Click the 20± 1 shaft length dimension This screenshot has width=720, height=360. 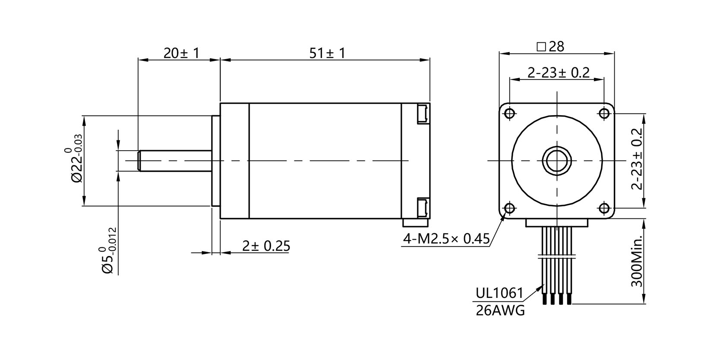click(181, 53)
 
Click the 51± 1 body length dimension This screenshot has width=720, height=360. click(328, 53)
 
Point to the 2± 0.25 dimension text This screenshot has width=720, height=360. click(266, 246)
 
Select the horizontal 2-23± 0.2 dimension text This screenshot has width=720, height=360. click(558, 73)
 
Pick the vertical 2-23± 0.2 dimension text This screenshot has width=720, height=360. click(637, 159)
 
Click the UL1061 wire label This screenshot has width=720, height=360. click(499, 294)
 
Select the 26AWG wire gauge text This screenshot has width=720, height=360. click(500, 310)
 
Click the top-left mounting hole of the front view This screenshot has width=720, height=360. click(509, 113)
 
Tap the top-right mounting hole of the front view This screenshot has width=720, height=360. click(604, 113)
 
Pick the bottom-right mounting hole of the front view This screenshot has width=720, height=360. click(604, 209)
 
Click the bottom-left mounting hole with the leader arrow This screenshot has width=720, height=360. click(509, 209)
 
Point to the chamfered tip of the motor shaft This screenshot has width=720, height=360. click(139, 161)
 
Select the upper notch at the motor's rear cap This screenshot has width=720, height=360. click(422, 114)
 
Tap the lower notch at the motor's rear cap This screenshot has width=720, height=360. click(422, 208)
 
